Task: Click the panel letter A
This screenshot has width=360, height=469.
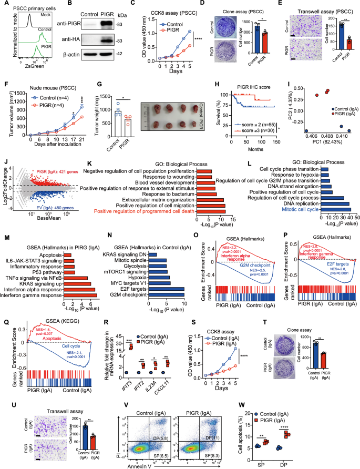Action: (4, 4)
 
